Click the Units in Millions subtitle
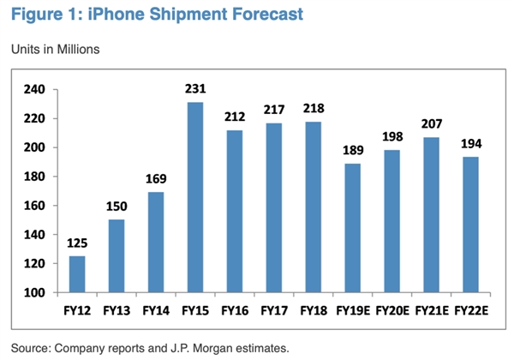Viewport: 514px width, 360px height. [x=56, y=49]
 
